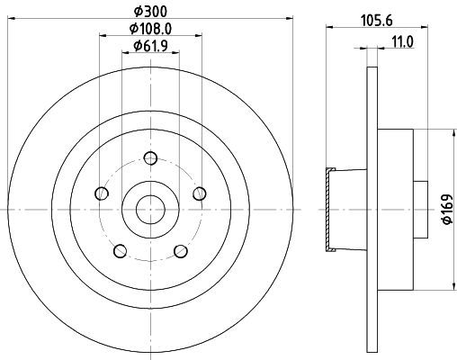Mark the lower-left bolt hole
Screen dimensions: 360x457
click(x=119, y=250)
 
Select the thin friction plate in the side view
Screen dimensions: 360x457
click(x=371, y=210)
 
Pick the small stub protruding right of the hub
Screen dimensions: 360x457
click(x=419, y=210)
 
